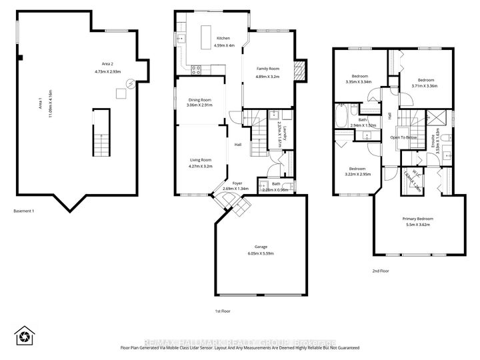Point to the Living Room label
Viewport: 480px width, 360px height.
tap(199, 160)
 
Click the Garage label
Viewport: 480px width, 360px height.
tap(259, 247)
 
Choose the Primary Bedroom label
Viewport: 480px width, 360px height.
tap(417, 219)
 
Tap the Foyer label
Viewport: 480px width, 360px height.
tap(237, 183)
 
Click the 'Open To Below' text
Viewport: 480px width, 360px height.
tap(403, 137)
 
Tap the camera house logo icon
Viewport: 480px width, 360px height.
tap(25, 335)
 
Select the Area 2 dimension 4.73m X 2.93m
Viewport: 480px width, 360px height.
tap(107, 71)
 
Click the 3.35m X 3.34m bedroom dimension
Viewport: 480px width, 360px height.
tap(353, 82)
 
